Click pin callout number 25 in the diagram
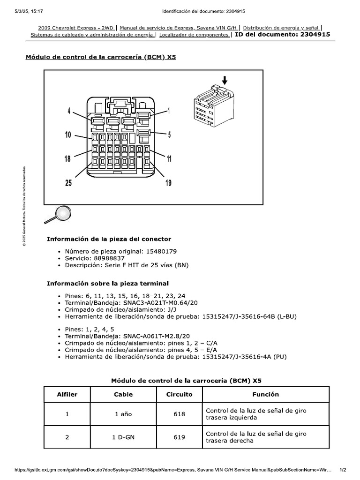[x=69, y=183]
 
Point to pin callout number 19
[x=168, y=183]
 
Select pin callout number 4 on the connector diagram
[x=69, y=111]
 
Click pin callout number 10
[x=68, y=135]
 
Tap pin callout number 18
[x=68, y=159]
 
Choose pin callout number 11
[x=169, y=159]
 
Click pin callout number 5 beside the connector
[x=169, y=135]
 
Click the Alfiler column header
[x=67, y=394]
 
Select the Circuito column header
[x=179, y=394]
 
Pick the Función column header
[x=265, y=394]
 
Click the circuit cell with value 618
[x=179, y=414]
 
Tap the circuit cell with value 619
[x=179, y=437]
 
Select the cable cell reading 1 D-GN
[x=123, y=437]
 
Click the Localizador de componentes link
[x=194, y=34]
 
